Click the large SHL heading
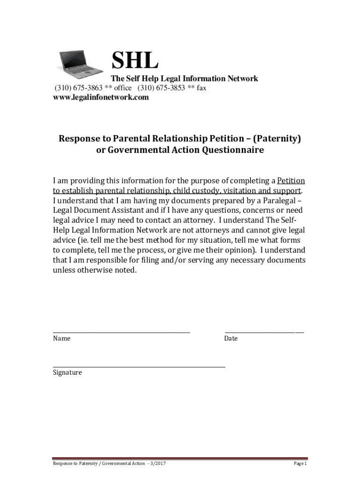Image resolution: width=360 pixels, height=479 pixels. coord(135,61)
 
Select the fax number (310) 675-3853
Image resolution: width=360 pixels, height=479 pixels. coord(161,88)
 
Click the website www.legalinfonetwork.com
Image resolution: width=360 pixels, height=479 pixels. coord(101,97)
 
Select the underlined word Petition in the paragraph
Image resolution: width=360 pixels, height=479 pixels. coord(291,181)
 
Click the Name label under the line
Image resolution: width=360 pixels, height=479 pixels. coord(62,338)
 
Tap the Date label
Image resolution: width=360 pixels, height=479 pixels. coord(231,338)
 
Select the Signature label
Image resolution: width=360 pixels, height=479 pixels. coord(67,373)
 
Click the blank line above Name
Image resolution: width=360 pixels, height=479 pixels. coord(122,332)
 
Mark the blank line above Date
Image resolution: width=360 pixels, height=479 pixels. coord(264,332)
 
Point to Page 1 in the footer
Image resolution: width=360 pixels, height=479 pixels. coord(300,463)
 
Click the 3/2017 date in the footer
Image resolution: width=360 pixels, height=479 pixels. coord(159,463)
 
